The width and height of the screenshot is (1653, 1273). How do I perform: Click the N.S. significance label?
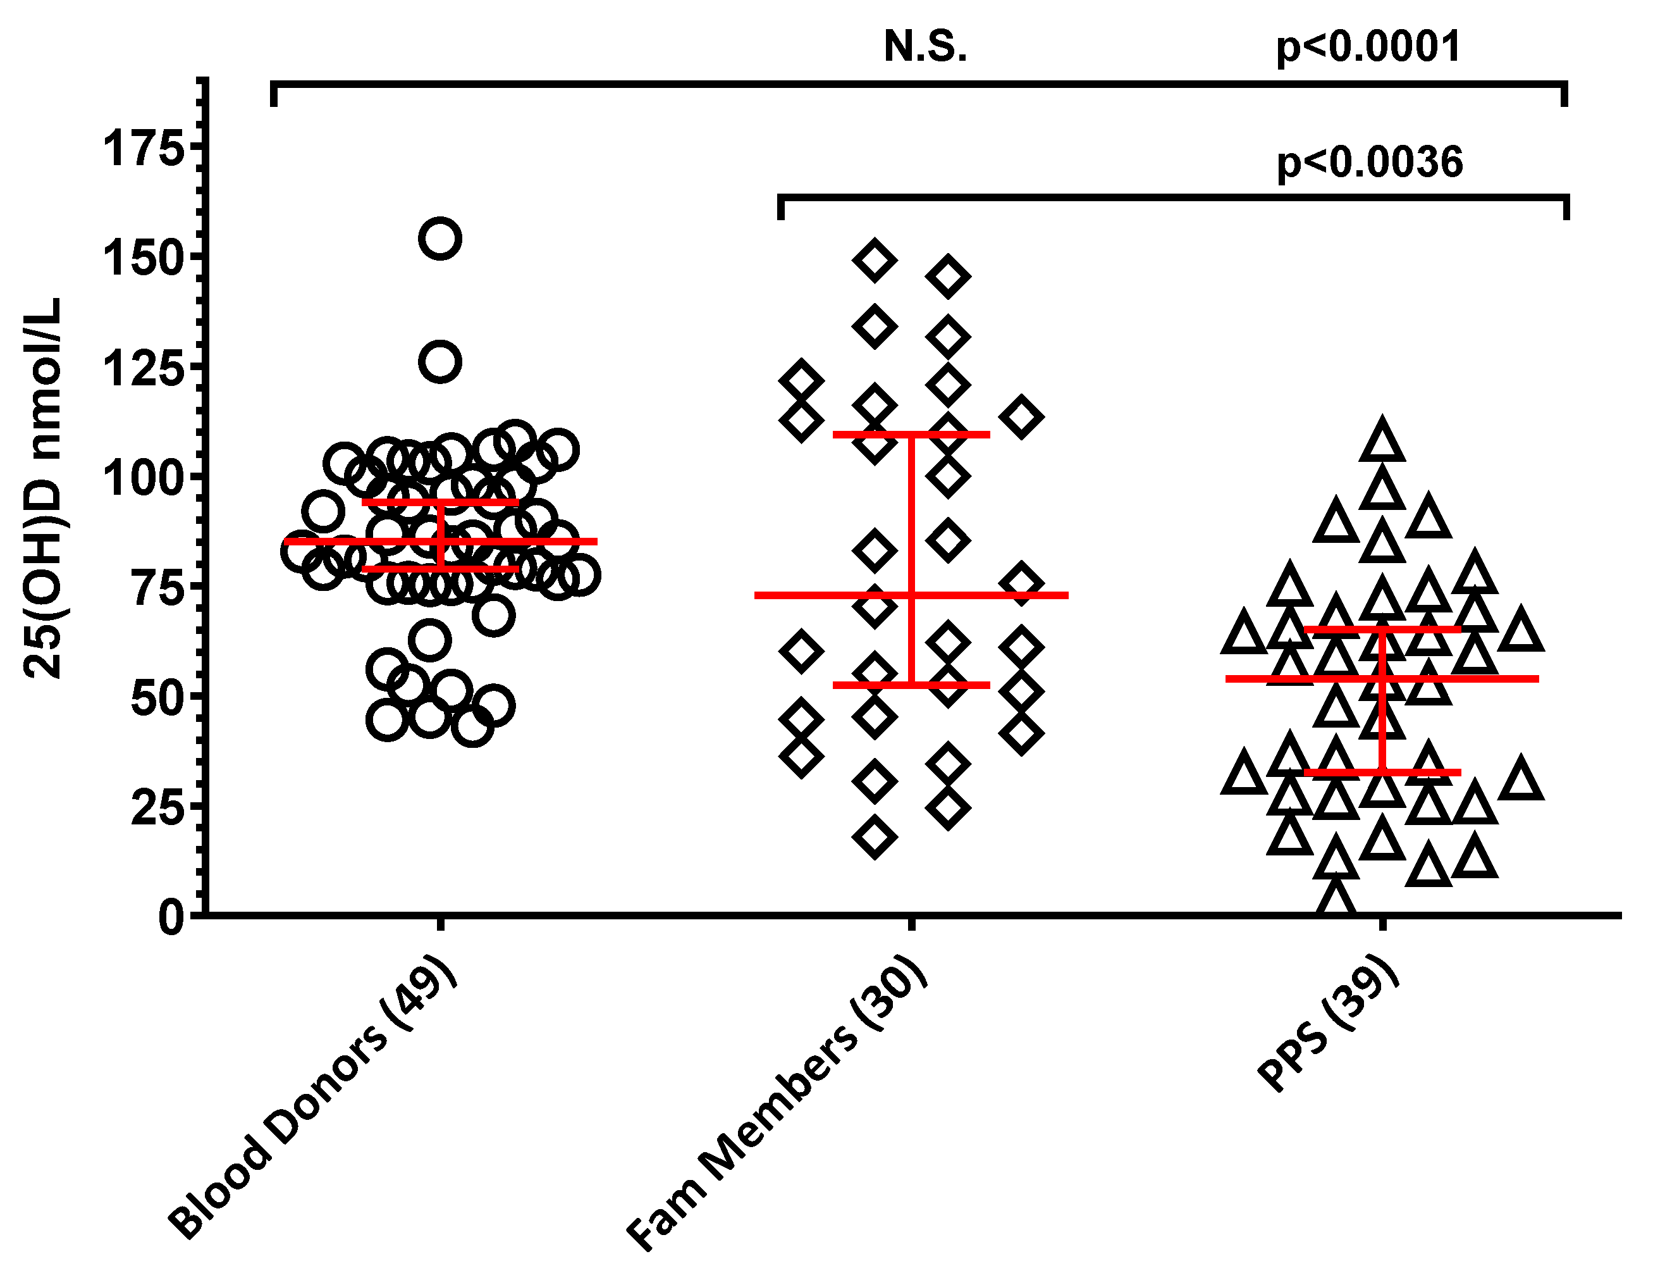pos(925,47)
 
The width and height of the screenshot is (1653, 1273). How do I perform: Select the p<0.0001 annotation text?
pos(1368,47)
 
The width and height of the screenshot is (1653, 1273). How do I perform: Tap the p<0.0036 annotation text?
pos(1370,163)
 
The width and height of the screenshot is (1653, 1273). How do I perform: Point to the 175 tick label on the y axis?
pos(144,147)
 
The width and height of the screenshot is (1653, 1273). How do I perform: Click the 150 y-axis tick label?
pos(144,258)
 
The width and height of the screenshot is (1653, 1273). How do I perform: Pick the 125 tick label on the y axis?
pos(144,369)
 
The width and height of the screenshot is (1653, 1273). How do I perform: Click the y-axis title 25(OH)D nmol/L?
pos(42,488)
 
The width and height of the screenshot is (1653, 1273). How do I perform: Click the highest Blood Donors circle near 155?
pos(441,239)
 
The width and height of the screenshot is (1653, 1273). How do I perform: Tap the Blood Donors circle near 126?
pos(441,362)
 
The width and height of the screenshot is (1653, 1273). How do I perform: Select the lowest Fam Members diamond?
pos(874,838)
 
